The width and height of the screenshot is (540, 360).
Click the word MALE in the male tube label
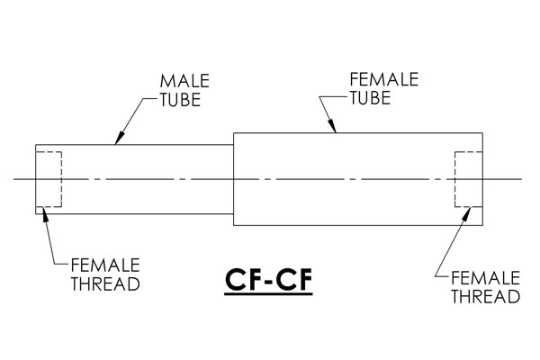(184, 81)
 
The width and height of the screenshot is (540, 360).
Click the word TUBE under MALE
(180, 100)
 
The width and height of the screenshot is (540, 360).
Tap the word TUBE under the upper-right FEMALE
(370, 98)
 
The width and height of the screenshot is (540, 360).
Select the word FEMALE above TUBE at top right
(384, 79)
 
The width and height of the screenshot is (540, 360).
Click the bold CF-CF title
(268, 279)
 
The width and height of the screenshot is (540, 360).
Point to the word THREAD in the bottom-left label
(105, 283)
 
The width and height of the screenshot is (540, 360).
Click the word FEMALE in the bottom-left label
(105, 265)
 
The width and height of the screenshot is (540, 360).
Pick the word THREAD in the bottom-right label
(485, 297)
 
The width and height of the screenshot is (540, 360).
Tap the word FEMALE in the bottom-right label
(485, 278)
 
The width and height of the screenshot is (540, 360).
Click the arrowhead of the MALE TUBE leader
(119, 139)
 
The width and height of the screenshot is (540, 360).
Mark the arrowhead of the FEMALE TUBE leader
(331, 126)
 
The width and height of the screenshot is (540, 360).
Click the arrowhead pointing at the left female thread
(44, 213)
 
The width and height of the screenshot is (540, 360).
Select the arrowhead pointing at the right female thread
(467, 213)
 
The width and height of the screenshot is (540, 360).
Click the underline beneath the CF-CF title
(268, 294)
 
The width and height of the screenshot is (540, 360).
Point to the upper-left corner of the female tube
(234, 132)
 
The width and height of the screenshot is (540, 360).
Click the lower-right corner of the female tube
(482, 225)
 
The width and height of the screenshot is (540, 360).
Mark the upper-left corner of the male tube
(36, 145)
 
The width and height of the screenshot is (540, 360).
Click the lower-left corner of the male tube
(36, 214)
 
